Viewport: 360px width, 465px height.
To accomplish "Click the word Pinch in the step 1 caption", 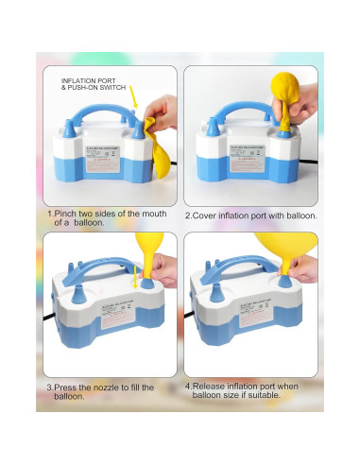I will (x=66, y=215).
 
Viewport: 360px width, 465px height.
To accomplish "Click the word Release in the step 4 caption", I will (x=211, y=387).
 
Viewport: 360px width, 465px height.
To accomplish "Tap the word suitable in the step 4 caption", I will (x=284, y=396).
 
